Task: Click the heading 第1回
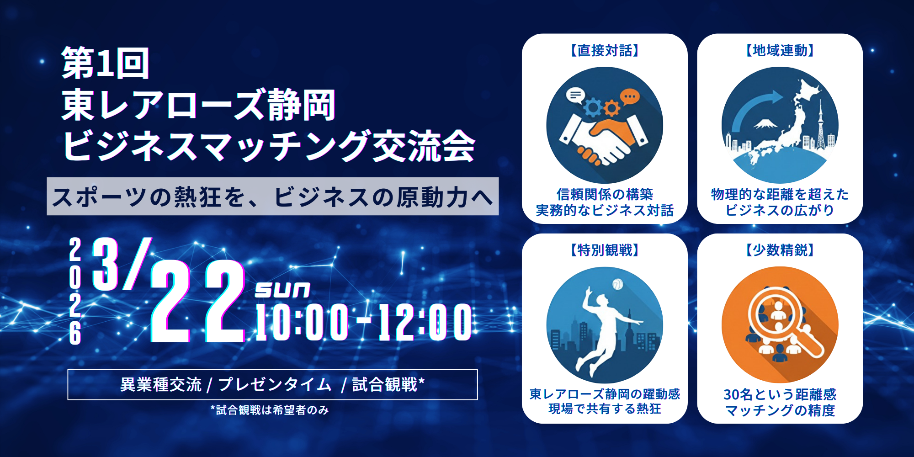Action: [x=106, y=63]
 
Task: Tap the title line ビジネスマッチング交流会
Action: [x=269, y=146]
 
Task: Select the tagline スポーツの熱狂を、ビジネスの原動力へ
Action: [x=273, y=197]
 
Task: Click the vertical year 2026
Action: [x=75, y=291]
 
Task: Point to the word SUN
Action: [x=282, y=290]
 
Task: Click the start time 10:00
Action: [x=302, y=323]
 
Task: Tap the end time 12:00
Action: [x=425, y=323]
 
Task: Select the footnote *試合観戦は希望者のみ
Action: [x=270, y=410]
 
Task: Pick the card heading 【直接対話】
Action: [x=605, y=50]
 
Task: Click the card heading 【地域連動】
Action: [x=780, y=50]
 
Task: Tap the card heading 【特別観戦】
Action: [x=605, y=250]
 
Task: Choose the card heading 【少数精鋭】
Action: [x=780, y=250]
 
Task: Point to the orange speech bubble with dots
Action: [x=629, y=97]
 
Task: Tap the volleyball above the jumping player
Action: [x=617, y=284]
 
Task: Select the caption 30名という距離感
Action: [x=780, y=394]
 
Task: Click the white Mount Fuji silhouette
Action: [x=766, y=123]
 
